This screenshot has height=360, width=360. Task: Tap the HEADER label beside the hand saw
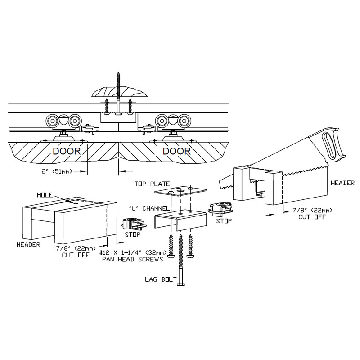click(342, 183)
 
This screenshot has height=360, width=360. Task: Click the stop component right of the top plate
click(220, 207)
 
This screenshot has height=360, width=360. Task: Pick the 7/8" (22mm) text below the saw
click(304, 210)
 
